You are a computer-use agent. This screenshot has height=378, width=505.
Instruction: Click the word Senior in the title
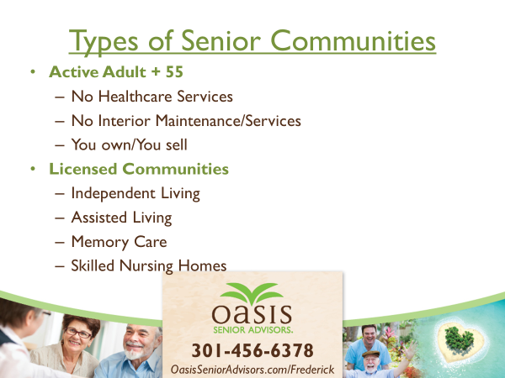pyautogui.click(x=221, y=40)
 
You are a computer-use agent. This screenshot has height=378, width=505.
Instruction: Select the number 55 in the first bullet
pyautogui.click(x=174, y=71)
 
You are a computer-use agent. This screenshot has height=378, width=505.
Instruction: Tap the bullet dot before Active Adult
pyautogui.click(x=33, y=72)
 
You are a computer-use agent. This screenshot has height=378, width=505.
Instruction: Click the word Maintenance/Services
pyautogui.click(x=228, y=121)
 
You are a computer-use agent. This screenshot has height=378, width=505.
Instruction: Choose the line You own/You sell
pyautogui.click(x=129, y=144)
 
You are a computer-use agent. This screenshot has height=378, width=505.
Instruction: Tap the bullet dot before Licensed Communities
pyautogui.click(x=33, y=169)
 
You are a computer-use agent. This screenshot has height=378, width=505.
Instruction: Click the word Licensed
pyautogui.click(x=82, y=169)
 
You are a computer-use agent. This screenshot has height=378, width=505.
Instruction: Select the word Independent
pyautogui.click(x=113, y=193)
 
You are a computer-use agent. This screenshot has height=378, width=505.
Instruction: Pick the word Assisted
pyautogui.click(x=98, y=218)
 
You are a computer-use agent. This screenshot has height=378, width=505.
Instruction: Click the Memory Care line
pyautogui.click(x=119, y=242)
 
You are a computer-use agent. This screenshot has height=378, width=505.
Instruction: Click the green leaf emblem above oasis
pyautogui.click(x=252, y=293)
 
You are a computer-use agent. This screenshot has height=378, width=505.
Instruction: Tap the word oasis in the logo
pyautogui.click(x=252, y=313)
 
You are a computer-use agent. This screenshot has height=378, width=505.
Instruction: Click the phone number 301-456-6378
pyautogui.click(x=252, y=350)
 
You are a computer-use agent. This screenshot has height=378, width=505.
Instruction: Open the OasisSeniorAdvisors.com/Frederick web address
pyautogui.click(x=252, y=370)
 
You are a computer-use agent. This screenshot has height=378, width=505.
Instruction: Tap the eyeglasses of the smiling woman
pyautogui.click(x=78, y=333)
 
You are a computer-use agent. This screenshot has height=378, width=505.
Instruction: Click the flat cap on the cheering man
pyautogui.click(x=372, y=354)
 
